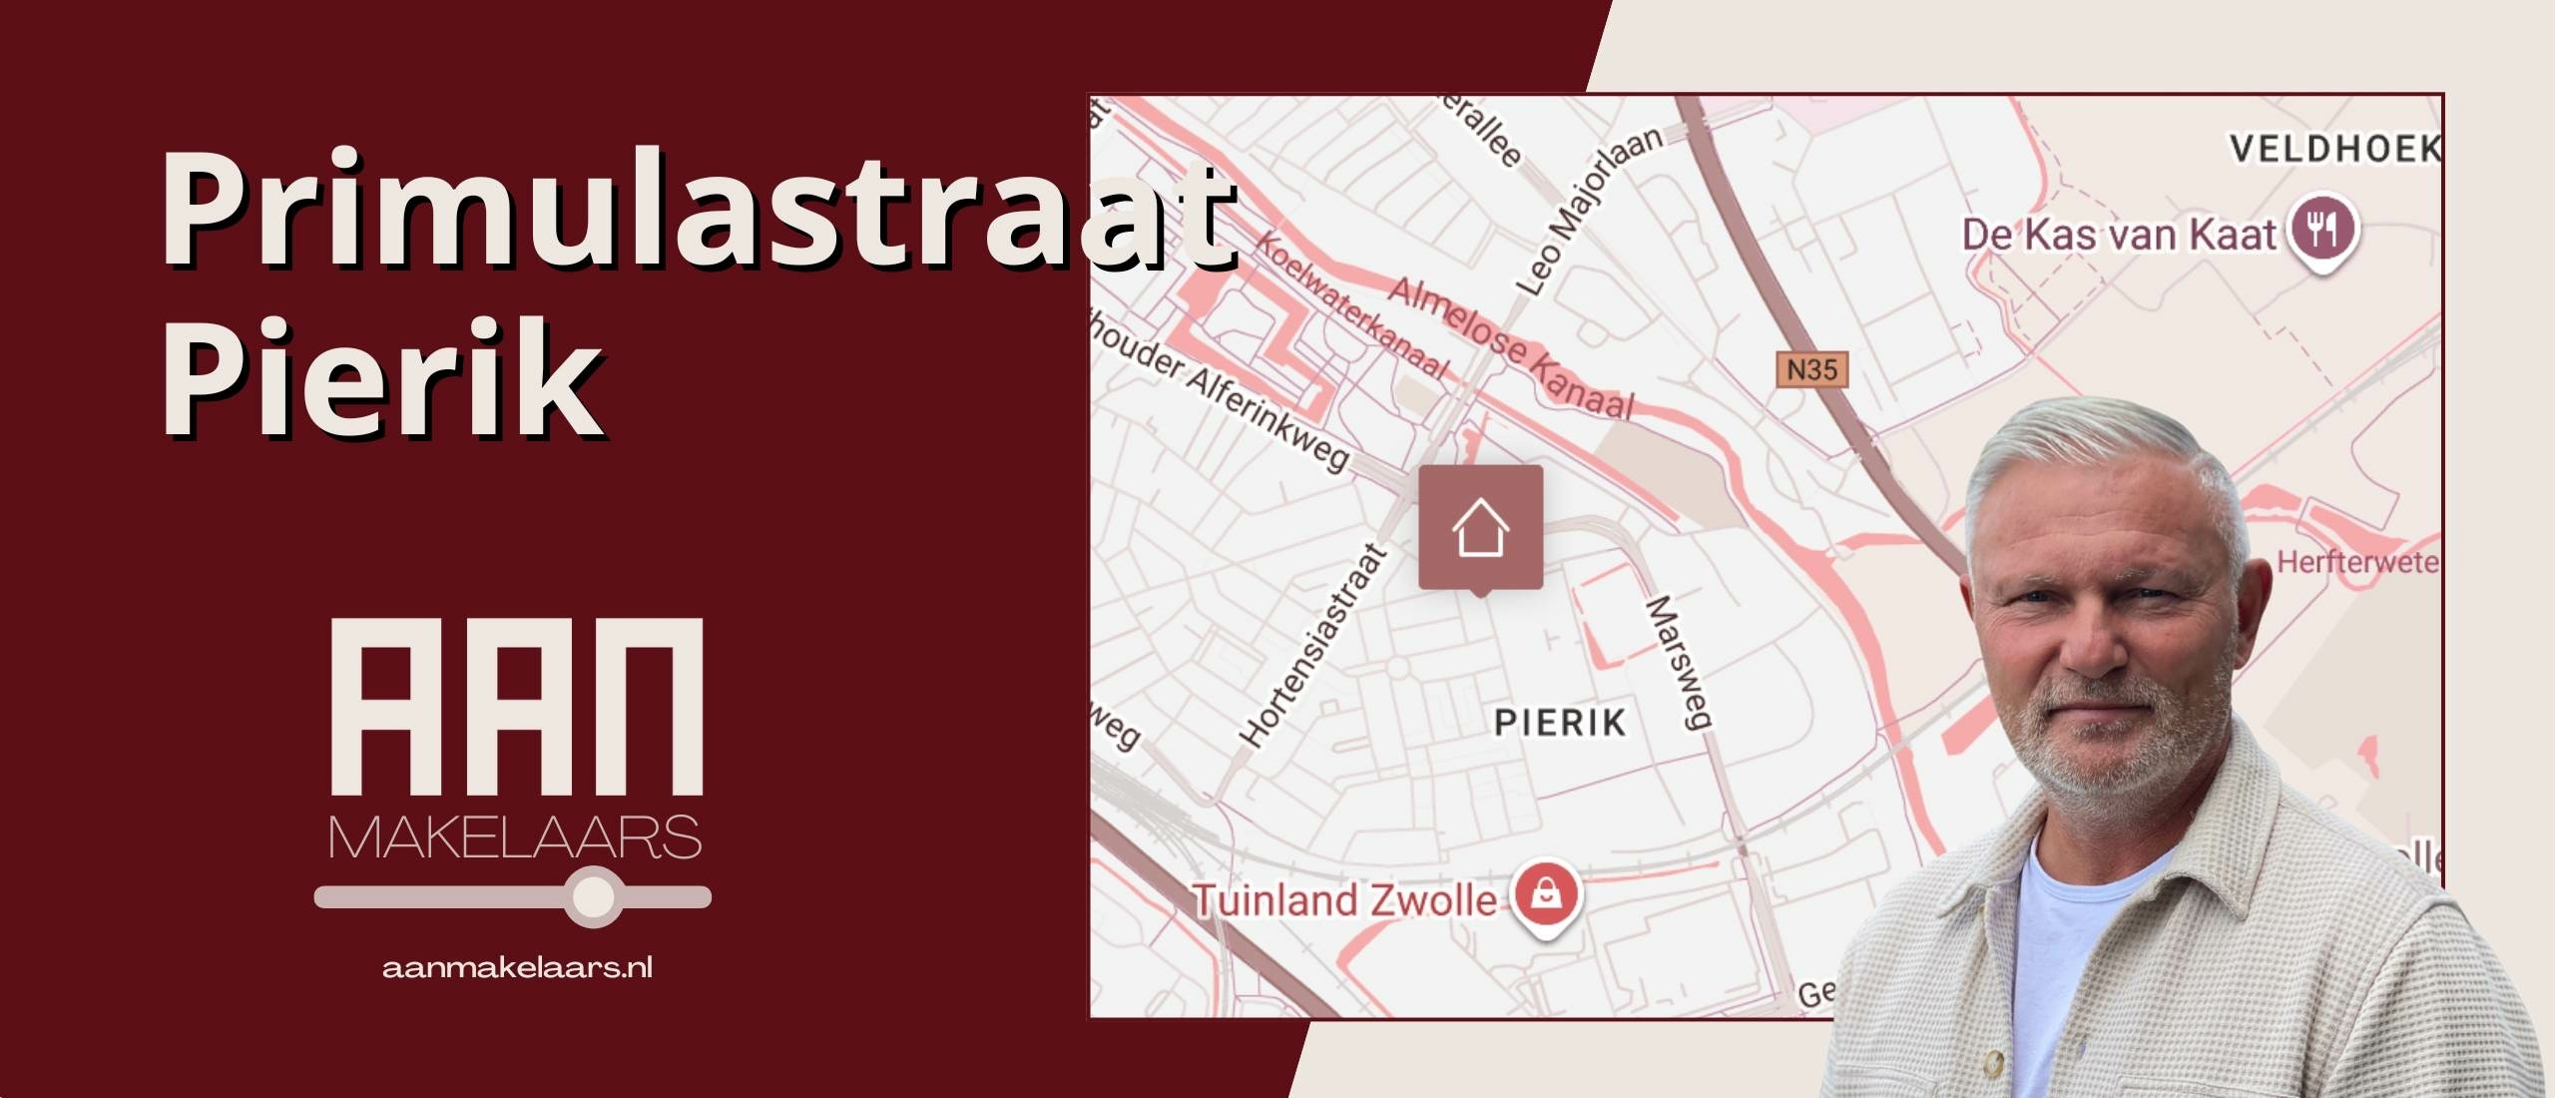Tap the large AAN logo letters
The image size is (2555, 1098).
pos(516,706)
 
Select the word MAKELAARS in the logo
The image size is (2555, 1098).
pos(514,838)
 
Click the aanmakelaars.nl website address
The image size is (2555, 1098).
pos(517,967)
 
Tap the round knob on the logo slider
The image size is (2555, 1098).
pos(595,896)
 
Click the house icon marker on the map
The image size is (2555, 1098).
pos(1480,527)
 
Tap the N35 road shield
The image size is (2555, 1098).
pos(1811,369)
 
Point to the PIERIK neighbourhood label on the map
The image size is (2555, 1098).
pos(1560,722)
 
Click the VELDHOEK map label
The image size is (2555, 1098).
pos(2335,150)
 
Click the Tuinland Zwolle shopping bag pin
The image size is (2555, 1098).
pos(1546,893)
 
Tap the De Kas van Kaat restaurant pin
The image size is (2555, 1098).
pos(2323,231)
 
